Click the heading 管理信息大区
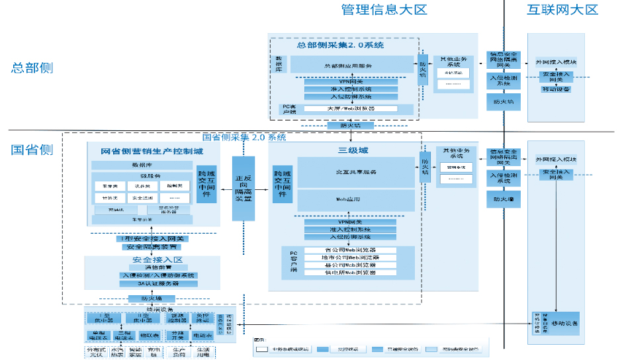[384, 9]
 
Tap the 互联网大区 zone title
[562, 9]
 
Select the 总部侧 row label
[32, 67]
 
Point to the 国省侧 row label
[32, 149]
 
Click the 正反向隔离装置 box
[243, 189]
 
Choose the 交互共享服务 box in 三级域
[351, 172]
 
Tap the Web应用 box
[351, 199]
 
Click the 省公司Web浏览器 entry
[351, 250]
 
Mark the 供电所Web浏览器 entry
[351, 272]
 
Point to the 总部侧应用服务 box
[351, 66]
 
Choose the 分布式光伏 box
[97, 352]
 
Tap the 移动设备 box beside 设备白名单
[566, 323]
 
